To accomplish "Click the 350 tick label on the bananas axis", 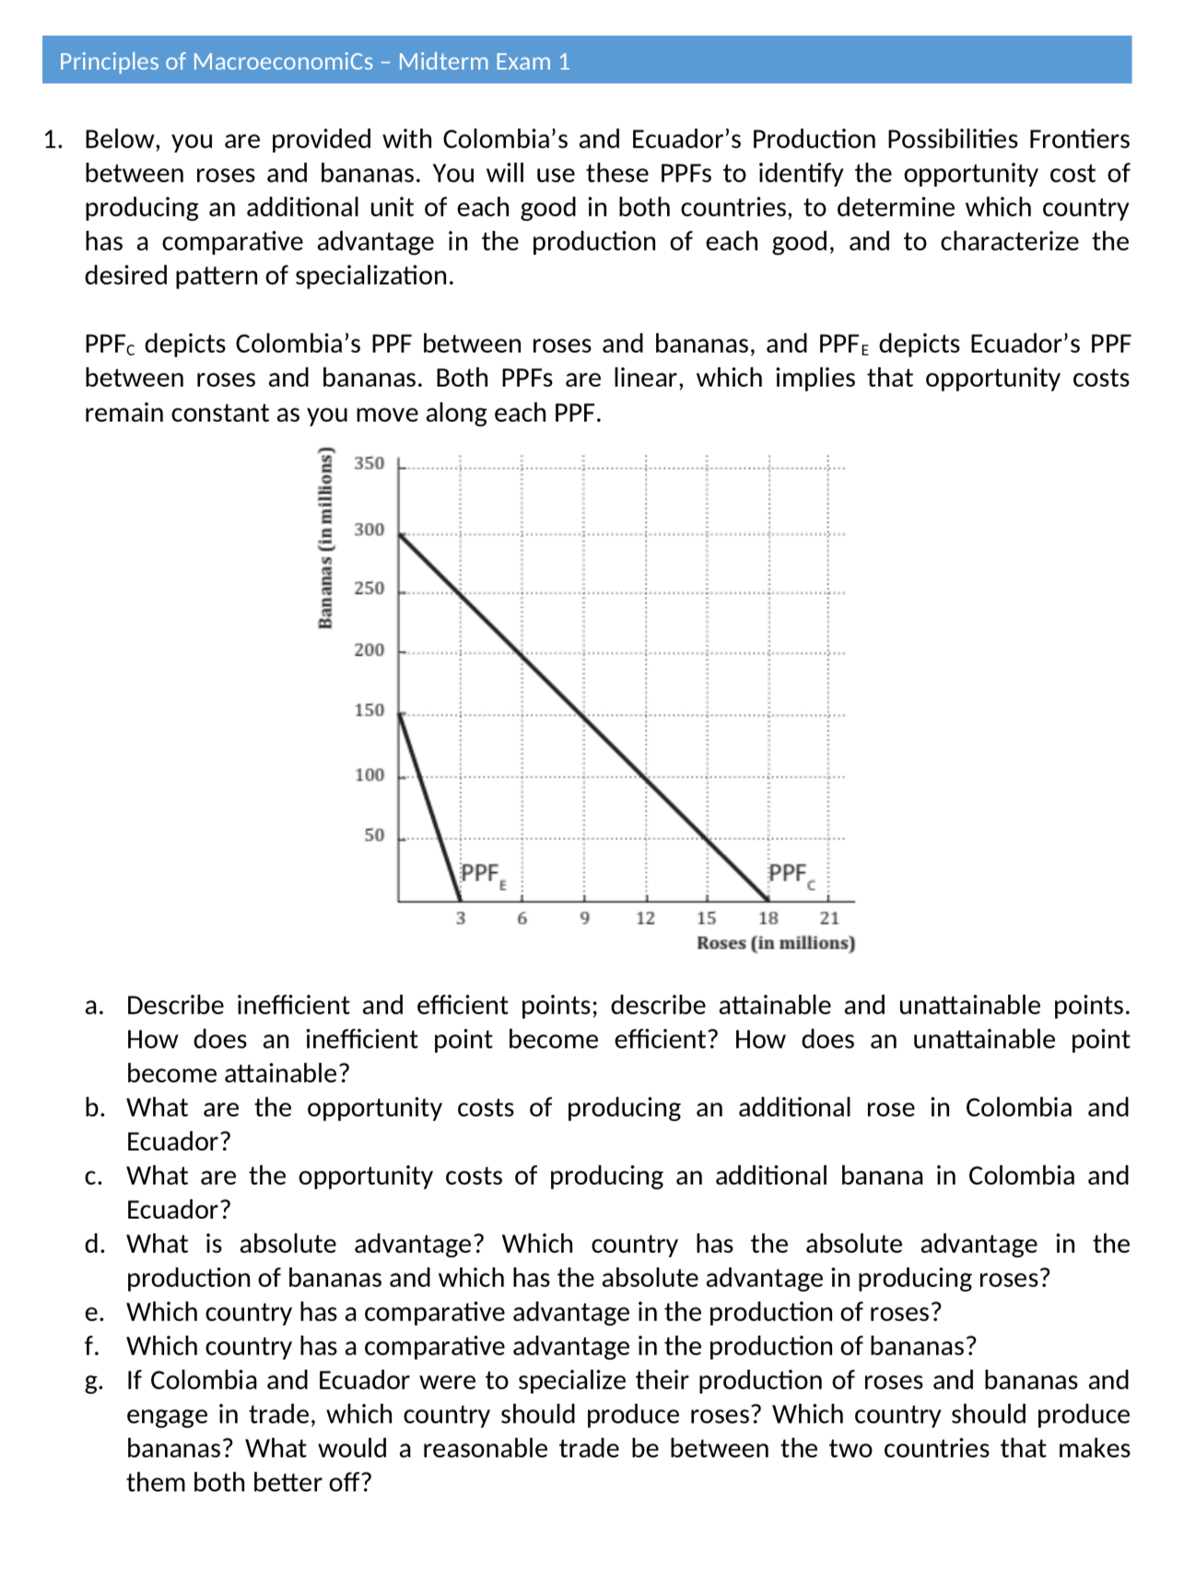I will (369, 463).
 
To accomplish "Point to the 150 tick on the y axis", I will (369, 710).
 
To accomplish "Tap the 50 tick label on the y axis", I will (374, 836).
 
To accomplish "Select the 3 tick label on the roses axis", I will (461, 919).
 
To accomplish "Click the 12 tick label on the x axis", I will (645, 919).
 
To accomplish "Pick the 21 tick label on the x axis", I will (829, 919).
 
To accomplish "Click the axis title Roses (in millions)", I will (776, 943).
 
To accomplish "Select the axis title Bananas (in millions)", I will (324, 537).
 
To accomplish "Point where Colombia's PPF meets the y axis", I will (399, 534).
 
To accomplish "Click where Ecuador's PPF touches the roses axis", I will (460, 901).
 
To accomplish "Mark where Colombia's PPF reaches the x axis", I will (767, 901).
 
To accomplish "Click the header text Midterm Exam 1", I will (484, 62).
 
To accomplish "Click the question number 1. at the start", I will (53, 140).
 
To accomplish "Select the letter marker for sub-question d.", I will (94, 1245).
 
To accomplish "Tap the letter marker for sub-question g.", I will (93, 1381).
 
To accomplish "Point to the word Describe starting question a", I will (175, 1005).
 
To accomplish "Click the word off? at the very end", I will (350, 1483).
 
